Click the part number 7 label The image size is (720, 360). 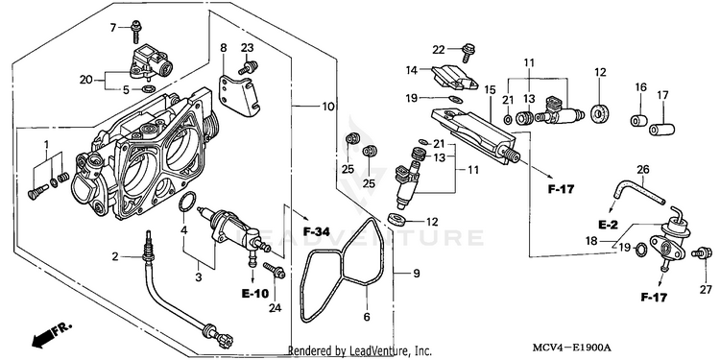[113, 28]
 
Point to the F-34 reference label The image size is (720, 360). [317, 231]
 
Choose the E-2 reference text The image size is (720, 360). [609, 225]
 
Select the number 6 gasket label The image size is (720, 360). [367, 317]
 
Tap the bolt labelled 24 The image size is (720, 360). [275, 271]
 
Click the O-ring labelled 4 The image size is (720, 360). [186, 202]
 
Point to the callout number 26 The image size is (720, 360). [643, 169]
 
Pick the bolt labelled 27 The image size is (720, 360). [704, 253]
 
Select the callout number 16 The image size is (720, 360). [640, 86]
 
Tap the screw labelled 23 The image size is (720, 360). [248, 67]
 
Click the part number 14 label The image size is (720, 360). [412, 70]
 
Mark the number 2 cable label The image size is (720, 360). [115, 256]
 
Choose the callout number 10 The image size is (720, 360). [327, 107]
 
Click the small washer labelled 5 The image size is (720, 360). [148, 87]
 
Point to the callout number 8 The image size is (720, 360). [224, 47]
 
